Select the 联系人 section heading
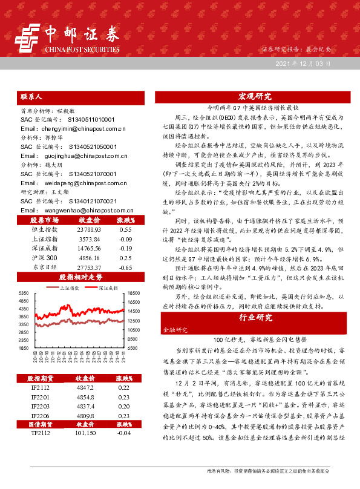click(x=31, y=96)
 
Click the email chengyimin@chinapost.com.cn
click(x=73, y=128)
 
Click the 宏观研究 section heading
click(x=254, y=96)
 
